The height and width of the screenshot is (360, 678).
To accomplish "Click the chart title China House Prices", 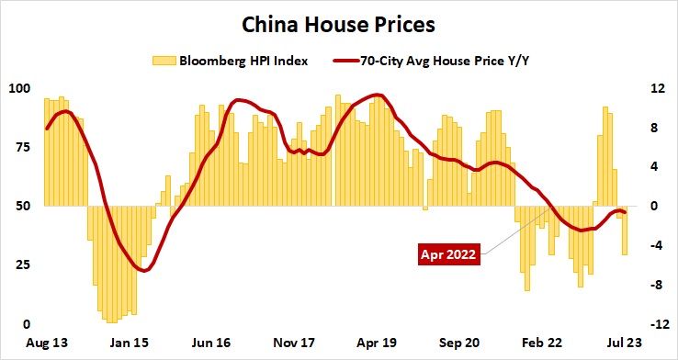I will (338, 19).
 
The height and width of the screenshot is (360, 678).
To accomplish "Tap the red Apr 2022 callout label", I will (447, 254).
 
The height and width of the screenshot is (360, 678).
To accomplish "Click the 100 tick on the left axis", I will (19, 89).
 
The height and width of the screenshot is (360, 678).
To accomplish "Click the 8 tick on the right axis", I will (655, 129).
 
